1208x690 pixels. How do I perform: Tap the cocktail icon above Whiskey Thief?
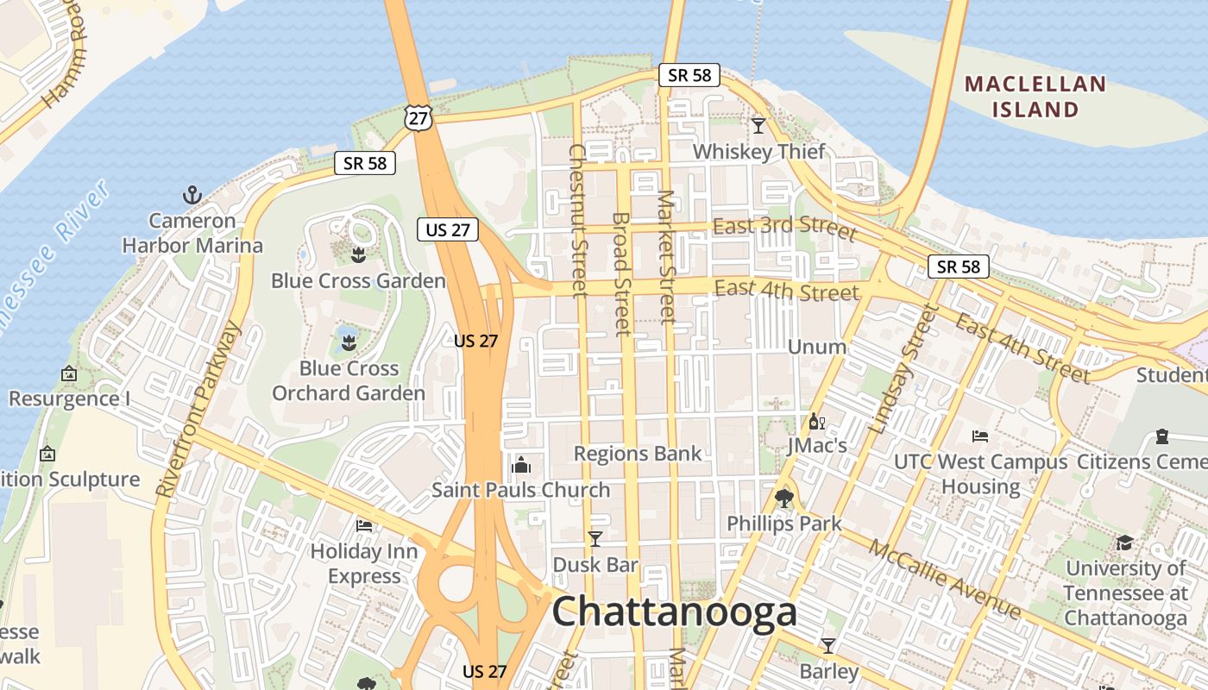point(758,126)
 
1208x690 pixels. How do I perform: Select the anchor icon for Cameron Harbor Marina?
point(192,195)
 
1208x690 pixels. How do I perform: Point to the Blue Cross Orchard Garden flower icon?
point(349,342)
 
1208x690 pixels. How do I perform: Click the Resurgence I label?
point(69,398)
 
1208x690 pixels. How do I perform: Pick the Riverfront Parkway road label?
point(198,409)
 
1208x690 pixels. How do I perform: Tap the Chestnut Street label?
point(577,220)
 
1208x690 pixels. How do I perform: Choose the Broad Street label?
point(620,273)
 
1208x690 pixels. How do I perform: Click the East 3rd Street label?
point(785,228)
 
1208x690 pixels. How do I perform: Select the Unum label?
point(817,347)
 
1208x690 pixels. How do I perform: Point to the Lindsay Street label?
point(903,368)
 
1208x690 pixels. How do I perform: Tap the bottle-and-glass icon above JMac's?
point(816,422)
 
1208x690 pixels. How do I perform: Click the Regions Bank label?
point(638,454)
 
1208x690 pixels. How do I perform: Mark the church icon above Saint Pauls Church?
point(520,466)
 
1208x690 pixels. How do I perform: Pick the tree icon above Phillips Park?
point(784,498)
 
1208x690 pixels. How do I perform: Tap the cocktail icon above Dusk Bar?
point(595,540)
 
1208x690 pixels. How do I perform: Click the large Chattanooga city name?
point(674,612)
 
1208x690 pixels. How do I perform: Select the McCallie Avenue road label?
point(944,579)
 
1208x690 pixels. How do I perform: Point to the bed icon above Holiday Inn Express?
point(364,525)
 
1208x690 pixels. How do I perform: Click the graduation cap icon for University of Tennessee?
point(1124,543)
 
